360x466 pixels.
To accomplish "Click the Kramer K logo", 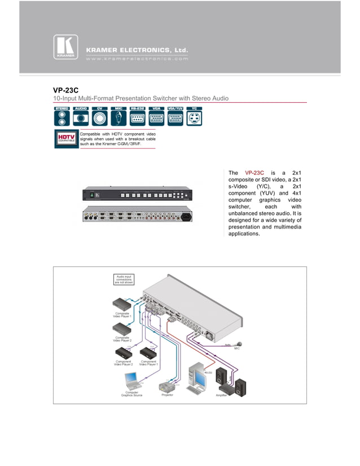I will pyautogui.click(x=65, y=47).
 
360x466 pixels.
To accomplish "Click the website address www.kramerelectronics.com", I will pyautogui.click(x=136, y=59).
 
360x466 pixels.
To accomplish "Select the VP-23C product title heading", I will pyautogui.click(x=65, y=90).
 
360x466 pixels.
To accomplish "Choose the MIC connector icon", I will pyautogui.click(x=118, y=116).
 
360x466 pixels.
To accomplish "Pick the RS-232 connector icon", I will pyautogui.click(x=137, y=116).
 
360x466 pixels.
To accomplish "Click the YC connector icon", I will pyautogui.click(x=194, y=116).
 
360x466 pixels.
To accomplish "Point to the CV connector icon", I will pyautogui.click(x=100, y=116).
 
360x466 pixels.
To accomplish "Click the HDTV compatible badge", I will pyautogui.click(x=66, y=139).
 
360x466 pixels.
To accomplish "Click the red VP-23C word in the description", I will pyautogui.click(x=254, y=173).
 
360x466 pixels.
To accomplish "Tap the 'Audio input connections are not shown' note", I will pyautogui.click(x=124, y=278).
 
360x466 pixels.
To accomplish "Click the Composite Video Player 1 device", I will pyautogui.click(x=123, y=305).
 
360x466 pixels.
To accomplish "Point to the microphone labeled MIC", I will pyautogui.click(x=239, y=344).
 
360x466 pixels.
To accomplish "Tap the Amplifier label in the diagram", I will pyautogui.click(x=221, y=395).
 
